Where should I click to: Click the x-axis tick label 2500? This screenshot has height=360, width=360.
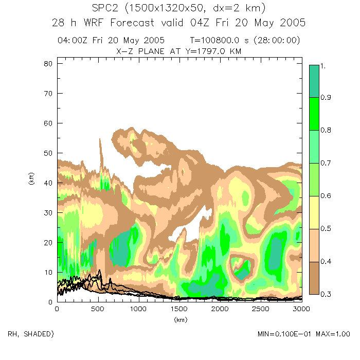coord(260,309)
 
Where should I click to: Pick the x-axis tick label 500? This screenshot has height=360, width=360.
coord(97,309)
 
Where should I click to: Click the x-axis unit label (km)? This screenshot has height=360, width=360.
coord(179,319)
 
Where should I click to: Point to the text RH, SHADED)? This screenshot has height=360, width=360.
coord(30,334)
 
